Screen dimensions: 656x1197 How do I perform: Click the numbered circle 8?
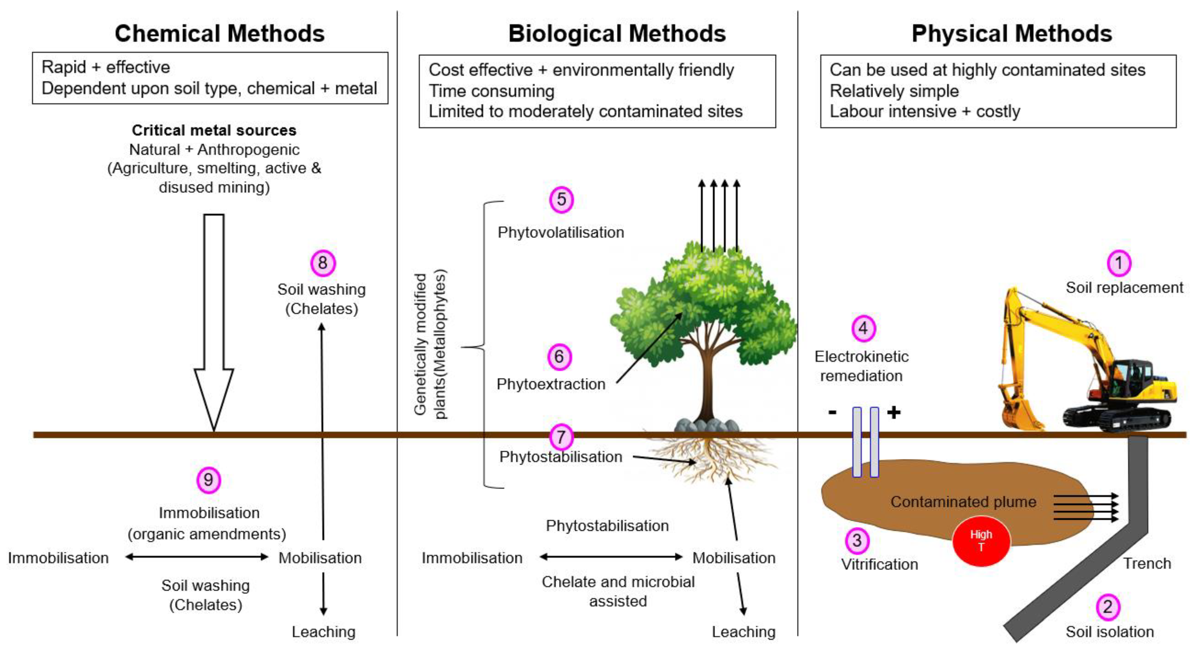322,263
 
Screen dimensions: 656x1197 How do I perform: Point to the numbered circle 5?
561,199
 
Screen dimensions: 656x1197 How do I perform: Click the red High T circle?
981,541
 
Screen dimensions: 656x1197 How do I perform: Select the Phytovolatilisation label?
561,232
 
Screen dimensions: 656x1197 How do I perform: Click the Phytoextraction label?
551,384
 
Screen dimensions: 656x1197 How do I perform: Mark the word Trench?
1147,563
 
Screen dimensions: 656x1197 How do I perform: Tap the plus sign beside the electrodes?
894,413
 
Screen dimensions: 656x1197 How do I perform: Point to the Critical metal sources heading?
214,130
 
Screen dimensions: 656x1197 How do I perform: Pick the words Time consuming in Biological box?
491,91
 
